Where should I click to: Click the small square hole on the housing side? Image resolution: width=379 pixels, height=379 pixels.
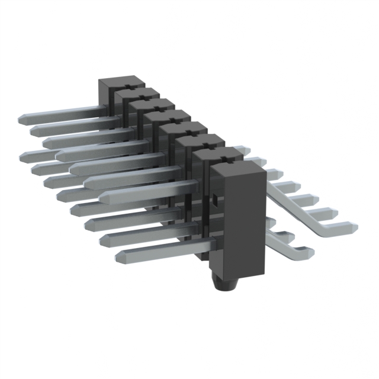tap(216, 200)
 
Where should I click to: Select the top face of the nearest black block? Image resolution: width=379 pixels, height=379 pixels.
tap(233, 168)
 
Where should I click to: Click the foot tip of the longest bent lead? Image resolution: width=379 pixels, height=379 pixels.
tap(354, 226)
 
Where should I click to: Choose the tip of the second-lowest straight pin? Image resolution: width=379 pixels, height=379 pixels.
tap(105, 240)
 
